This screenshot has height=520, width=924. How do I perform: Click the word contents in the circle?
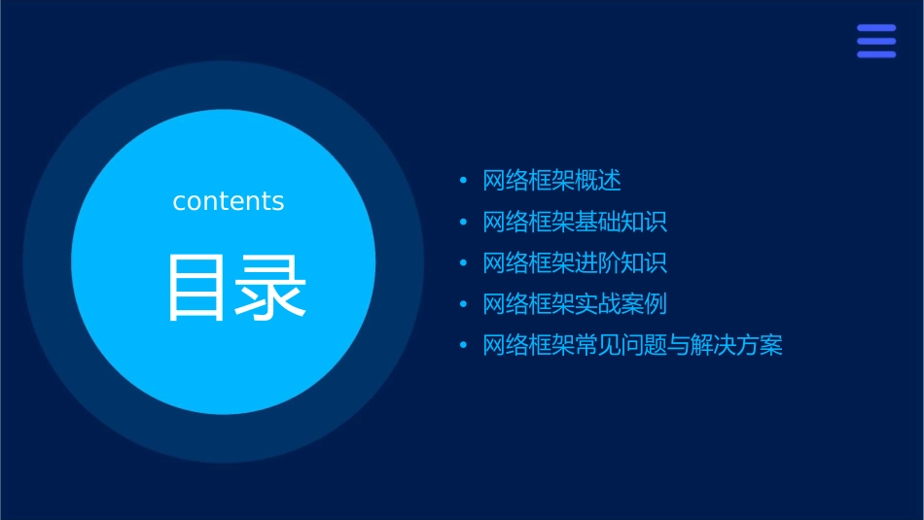pyautogui.click(x=229, y=201)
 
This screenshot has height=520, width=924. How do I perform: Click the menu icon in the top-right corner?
pyautogui.click(x=875, y=41)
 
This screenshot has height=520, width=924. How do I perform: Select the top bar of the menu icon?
pyautogui.click(x=875, y=28)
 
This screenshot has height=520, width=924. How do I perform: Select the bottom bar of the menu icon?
pyautogui.click(x=875, y=54)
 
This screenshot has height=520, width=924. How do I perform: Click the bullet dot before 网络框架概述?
pyautogui.click(x=464, y=181)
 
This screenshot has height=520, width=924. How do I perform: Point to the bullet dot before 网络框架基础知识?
pyautogui.click(x=464, y=223)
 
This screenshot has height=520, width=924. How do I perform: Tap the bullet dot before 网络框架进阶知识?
pyautogui.click(x=464, y=263)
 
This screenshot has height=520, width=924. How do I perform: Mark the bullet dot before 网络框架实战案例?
pyautogui.click(x=464, y=304)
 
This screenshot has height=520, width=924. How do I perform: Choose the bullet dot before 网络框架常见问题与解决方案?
pyautogui.click(x=464, y=346)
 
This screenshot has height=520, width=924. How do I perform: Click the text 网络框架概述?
pyautogui.click(x=551, y=181)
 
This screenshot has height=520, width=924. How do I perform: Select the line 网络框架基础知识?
pyautogui.click(x=575, y=223)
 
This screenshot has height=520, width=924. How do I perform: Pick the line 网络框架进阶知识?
pyautogui.click(x=575, y=263)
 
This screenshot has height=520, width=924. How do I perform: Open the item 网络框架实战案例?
pyautogui.click(x=575, y=304)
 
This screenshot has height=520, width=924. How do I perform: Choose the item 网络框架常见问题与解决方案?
pyautogui.click(x=632, y=346)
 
